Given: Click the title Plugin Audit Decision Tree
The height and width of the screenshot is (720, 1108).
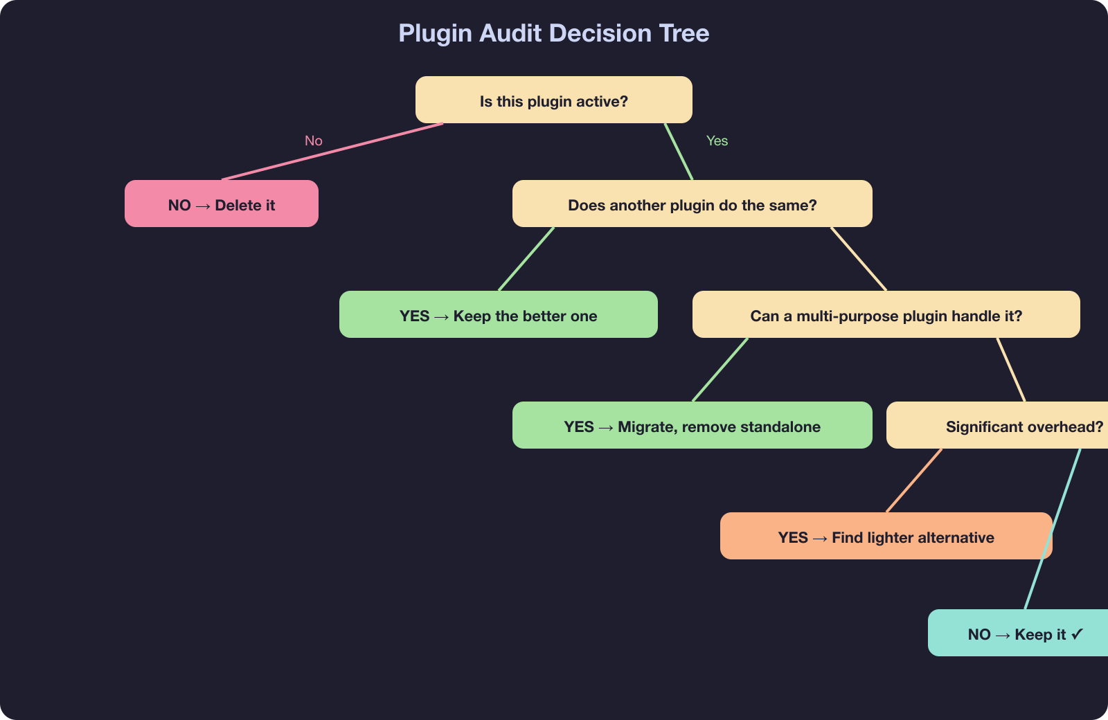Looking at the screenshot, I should coord(553,33).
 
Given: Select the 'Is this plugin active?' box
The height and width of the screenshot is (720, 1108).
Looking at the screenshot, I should coord(553,100).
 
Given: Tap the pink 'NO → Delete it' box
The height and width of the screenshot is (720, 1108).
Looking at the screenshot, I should coord(221,204).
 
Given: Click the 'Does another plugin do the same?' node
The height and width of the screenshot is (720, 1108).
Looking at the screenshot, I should coord(692,204).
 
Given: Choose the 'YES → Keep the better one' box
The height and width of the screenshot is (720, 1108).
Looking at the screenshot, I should coord(498,315).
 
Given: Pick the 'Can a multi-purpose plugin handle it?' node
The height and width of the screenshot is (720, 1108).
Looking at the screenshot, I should coord(886,315).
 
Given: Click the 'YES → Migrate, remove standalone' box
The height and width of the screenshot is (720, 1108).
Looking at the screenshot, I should coord(692,426).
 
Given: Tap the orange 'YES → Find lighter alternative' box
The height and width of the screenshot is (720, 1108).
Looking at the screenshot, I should coord(886,537).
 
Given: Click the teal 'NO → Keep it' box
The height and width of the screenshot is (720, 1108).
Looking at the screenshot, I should coord(1018,633).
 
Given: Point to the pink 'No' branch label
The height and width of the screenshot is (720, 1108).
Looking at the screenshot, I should coord(314,141).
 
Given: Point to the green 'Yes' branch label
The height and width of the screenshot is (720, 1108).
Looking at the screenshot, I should coord(717,141).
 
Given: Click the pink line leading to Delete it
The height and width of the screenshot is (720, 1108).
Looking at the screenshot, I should coord(332,152).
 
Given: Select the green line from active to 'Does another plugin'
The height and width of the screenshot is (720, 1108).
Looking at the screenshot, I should coord(679,152).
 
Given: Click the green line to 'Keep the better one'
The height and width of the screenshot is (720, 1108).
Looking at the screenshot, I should coord(526,259).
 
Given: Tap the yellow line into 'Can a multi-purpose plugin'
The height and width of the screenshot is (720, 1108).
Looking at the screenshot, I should coord(859,259).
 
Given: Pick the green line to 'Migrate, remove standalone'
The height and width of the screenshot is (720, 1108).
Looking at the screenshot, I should coord(720,370).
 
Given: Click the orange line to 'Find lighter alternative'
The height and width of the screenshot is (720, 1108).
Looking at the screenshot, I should coord(914,480).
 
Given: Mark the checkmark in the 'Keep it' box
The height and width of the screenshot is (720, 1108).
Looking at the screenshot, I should coord(1077,633).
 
